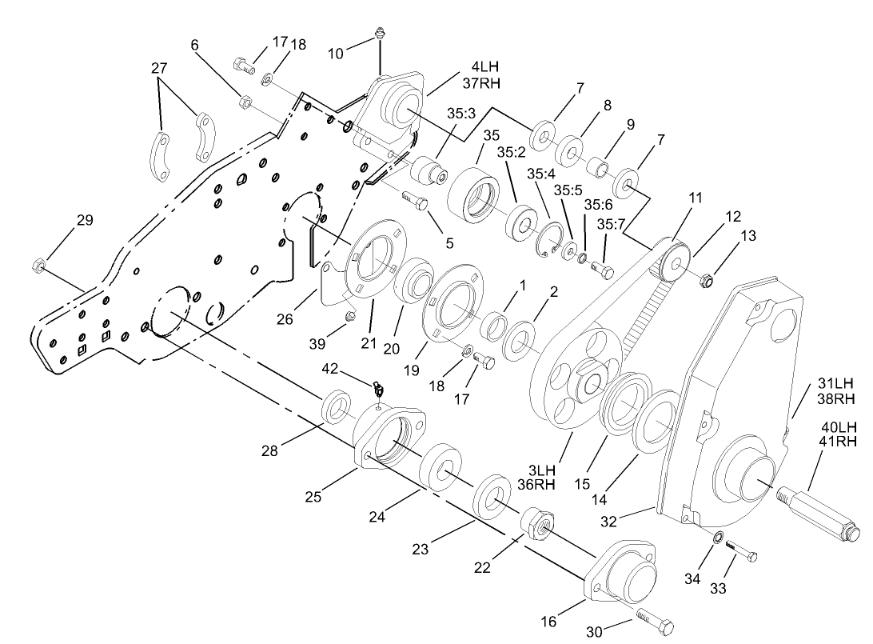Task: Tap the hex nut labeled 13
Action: coord(707,280)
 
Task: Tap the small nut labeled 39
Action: coord(349,318)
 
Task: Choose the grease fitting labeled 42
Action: coord(379,390)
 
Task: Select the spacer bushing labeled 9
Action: coord(596,168)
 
